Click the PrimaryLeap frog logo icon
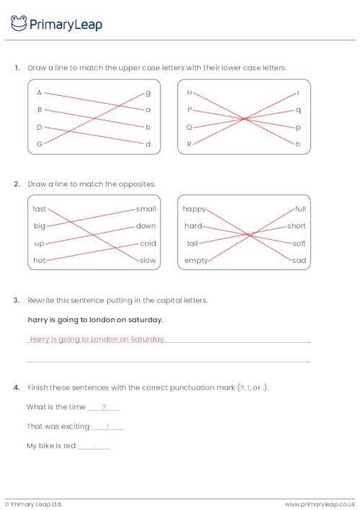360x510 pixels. tap(19, 24)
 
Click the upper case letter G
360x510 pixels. tap(40, 144)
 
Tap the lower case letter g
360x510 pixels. tap(148, 93)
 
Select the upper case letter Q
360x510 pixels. tap(189, 127)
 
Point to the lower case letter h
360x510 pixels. tap(297, 144)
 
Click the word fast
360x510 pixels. tap(40, 209)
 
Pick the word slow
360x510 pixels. tap(148, 260)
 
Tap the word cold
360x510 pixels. tap(148, 243)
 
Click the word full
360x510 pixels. tap(300, 209)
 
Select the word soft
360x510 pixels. tap(299, 243)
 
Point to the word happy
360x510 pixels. tap(194, 209)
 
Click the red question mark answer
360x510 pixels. tap(104, 406)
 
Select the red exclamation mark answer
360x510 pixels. tap(107, 426)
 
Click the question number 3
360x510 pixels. tap(16, 300)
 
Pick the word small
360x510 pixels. tap(146, 209)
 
